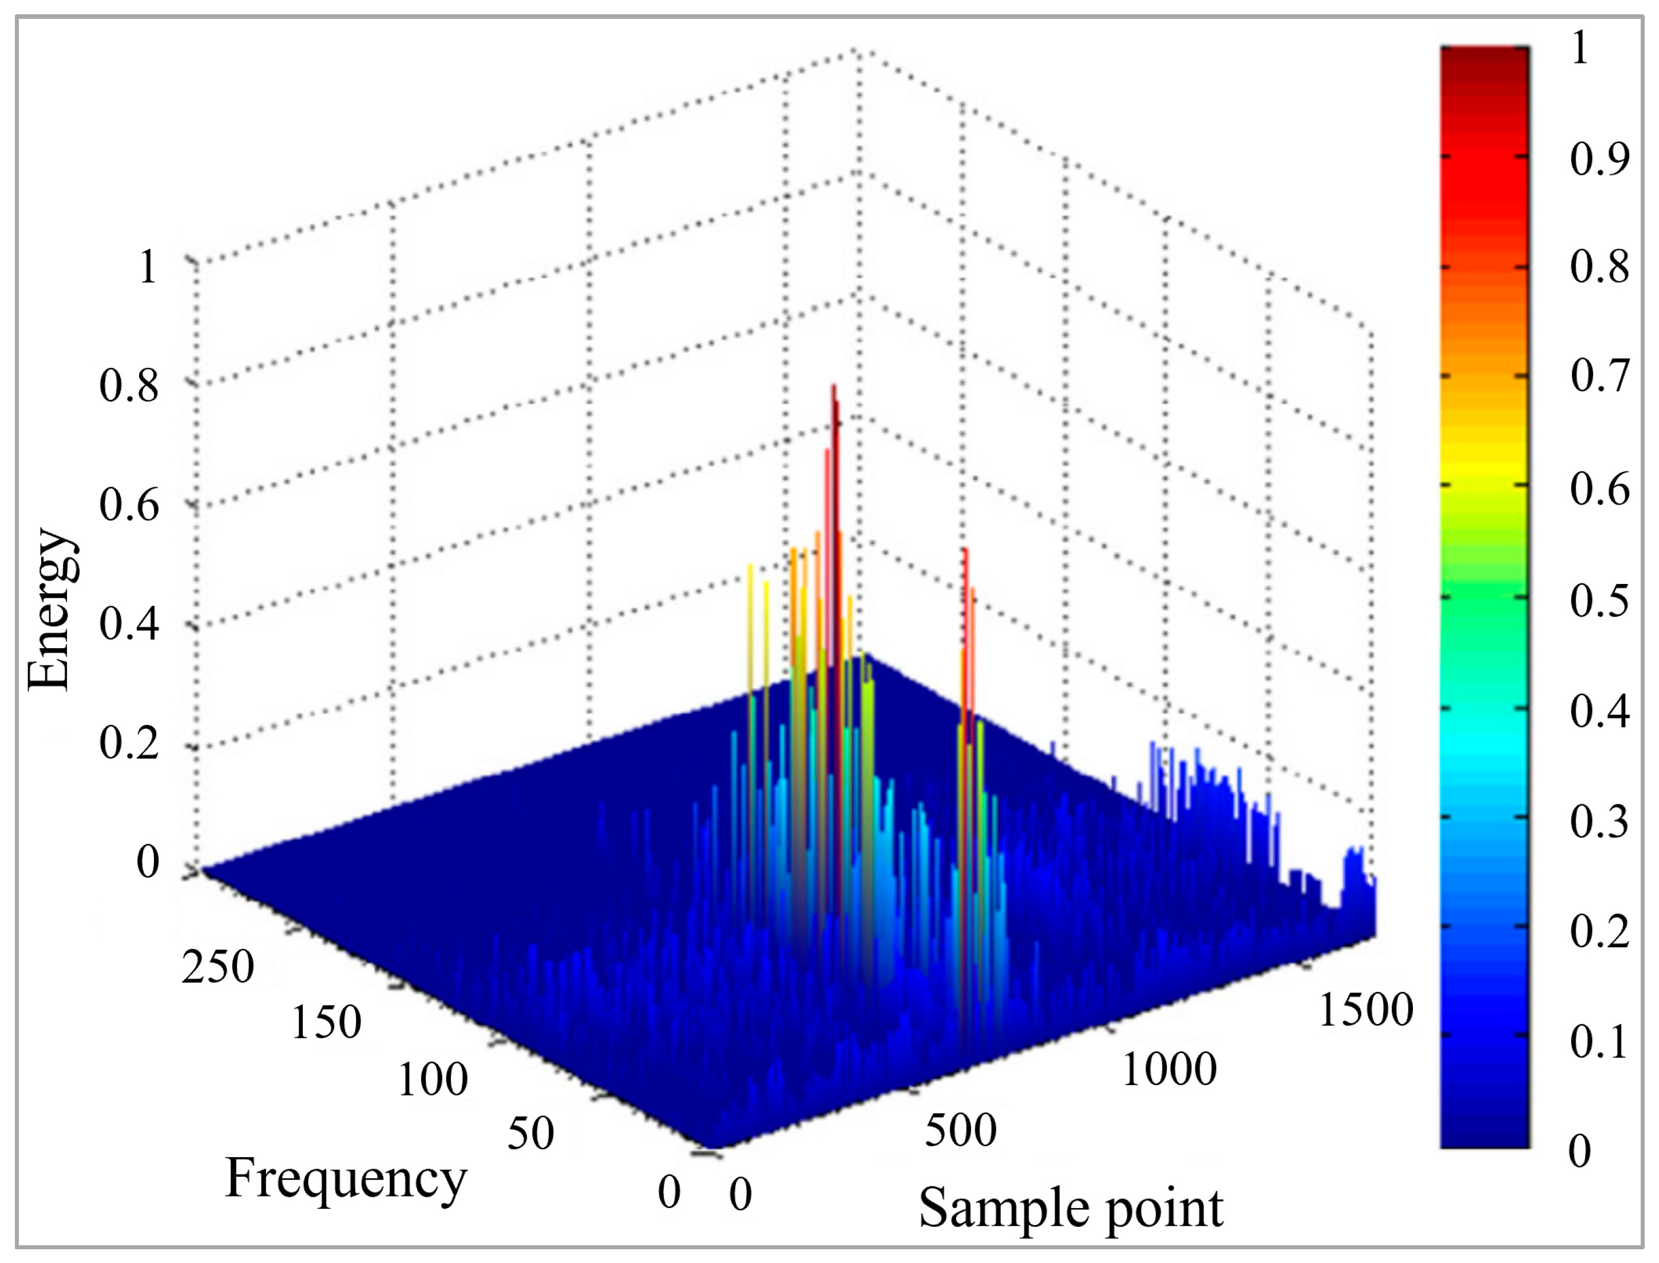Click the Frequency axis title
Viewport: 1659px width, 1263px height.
[x=346, y=1178]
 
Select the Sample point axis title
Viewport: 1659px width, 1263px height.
[x=1071, y=1208]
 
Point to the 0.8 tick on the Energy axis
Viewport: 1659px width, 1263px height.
[x=129, y=388]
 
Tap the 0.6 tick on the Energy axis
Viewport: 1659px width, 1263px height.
[x=129, y=505]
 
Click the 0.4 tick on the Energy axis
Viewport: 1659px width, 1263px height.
[x=129, y=624]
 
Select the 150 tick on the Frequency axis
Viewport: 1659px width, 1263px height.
[x=326, y=1022]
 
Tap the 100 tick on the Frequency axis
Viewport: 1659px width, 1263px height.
[x=433, y=1079]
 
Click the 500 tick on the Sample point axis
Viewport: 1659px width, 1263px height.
[x=960, y=1129]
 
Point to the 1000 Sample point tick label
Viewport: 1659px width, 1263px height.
[x=1169, y=1069]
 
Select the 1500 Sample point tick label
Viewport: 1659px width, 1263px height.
[x=1365, y=1009]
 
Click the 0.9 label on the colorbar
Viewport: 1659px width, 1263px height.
[x=1599, y=158]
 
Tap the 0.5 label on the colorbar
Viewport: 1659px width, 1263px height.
[x=1599, y=600]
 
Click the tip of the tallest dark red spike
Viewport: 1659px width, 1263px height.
[x=833, y=387]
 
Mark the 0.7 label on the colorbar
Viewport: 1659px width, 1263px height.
[x=1599, y=376]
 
